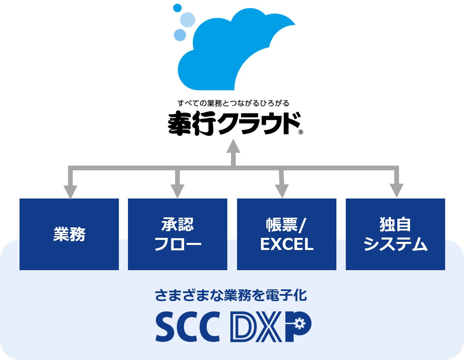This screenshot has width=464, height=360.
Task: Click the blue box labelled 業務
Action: (69, 234)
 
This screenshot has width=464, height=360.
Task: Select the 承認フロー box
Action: (177, 234)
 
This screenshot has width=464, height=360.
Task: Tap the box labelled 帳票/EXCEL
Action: (287, 234)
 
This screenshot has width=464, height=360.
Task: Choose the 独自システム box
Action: (395, 234)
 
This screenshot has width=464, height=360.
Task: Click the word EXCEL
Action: (287, 244)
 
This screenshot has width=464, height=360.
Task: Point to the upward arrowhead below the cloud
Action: (233, 146)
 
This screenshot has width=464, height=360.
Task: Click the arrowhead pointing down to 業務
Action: (70, 192)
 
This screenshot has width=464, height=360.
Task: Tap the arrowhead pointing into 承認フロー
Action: (177, 191)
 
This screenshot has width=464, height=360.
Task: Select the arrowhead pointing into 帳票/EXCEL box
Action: (282, 191)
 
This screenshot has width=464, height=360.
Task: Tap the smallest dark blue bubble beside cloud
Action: (177, 8)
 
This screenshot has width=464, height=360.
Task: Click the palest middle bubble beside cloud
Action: (188, 20)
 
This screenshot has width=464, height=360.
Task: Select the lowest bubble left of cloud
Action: (180, 35)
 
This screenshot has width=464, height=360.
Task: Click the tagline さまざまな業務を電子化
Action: (231, 295)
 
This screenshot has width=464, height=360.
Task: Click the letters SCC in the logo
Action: (188, 326)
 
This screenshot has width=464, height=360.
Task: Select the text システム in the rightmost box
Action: (395, 244)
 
